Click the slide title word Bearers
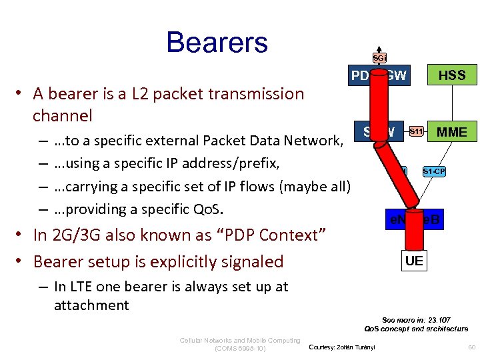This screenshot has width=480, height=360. [x=217, y=42]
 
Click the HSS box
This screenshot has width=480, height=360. [x=451, y=75]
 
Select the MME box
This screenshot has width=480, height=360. [x=451, y=132]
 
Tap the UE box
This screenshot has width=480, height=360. [x=414, y=261]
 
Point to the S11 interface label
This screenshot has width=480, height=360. [x=416, y=131]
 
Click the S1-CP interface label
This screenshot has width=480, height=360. [x=433, y=172]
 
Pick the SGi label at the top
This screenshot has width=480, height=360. [x=379, y=58]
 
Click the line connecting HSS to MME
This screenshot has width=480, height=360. [x=451, y=103]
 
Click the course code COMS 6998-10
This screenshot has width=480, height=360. [x=241, y=348]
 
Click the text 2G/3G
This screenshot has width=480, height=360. [x=68, y=235]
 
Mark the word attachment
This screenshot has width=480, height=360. [x=91, y=305]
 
